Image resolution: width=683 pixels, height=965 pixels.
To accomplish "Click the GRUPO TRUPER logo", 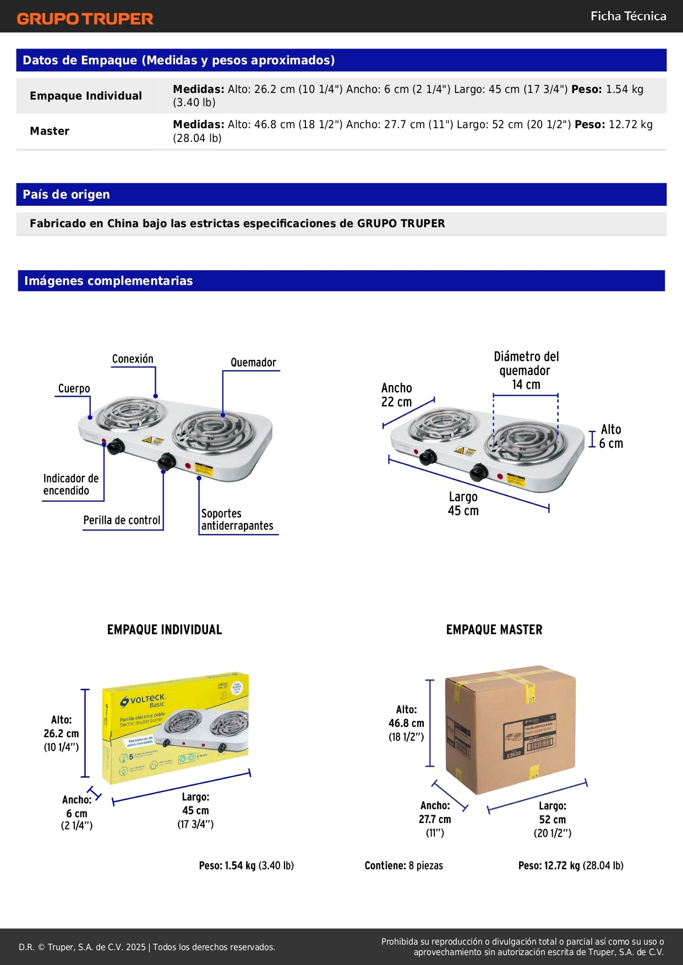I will click(85, 19).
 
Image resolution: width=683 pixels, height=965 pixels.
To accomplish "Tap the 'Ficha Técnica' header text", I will click(628, 16).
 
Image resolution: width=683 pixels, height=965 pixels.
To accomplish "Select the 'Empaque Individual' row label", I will click(86, 96).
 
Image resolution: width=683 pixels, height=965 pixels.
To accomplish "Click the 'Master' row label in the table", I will click(50, 131).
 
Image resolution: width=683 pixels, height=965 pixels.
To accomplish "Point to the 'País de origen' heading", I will click(66, 194).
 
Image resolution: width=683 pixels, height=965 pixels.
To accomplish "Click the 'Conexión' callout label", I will click(133, 359).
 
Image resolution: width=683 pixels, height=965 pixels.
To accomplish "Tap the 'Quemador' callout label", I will click(253, 363).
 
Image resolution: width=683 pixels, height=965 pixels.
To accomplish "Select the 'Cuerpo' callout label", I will click(74, 389).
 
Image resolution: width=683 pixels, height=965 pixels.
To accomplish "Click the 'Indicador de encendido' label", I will click(71, 485).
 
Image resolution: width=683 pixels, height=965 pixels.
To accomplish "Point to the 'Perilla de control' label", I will click(122, 520).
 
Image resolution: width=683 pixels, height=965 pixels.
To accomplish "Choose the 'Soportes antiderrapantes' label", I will click(237, 520).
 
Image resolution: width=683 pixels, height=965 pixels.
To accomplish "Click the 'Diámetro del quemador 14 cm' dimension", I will click(526, 370).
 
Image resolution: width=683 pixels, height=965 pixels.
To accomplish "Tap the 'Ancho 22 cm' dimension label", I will click(396, 395).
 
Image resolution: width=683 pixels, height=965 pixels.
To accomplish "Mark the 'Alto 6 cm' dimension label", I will click(610, 436).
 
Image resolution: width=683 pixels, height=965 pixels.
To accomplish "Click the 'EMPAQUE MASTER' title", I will click(494, 630).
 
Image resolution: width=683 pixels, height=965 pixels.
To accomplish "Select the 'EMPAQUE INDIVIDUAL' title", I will click(164, 630).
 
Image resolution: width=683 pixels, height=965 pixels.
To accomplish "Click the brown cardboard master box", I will click(510, 729).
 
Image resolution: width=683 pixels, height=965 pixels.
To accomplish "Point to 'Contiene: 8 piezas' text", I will click(403, 865).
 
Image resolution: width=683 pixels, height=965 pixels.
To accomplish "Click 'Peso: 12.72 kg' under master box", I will click(570, 865).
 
